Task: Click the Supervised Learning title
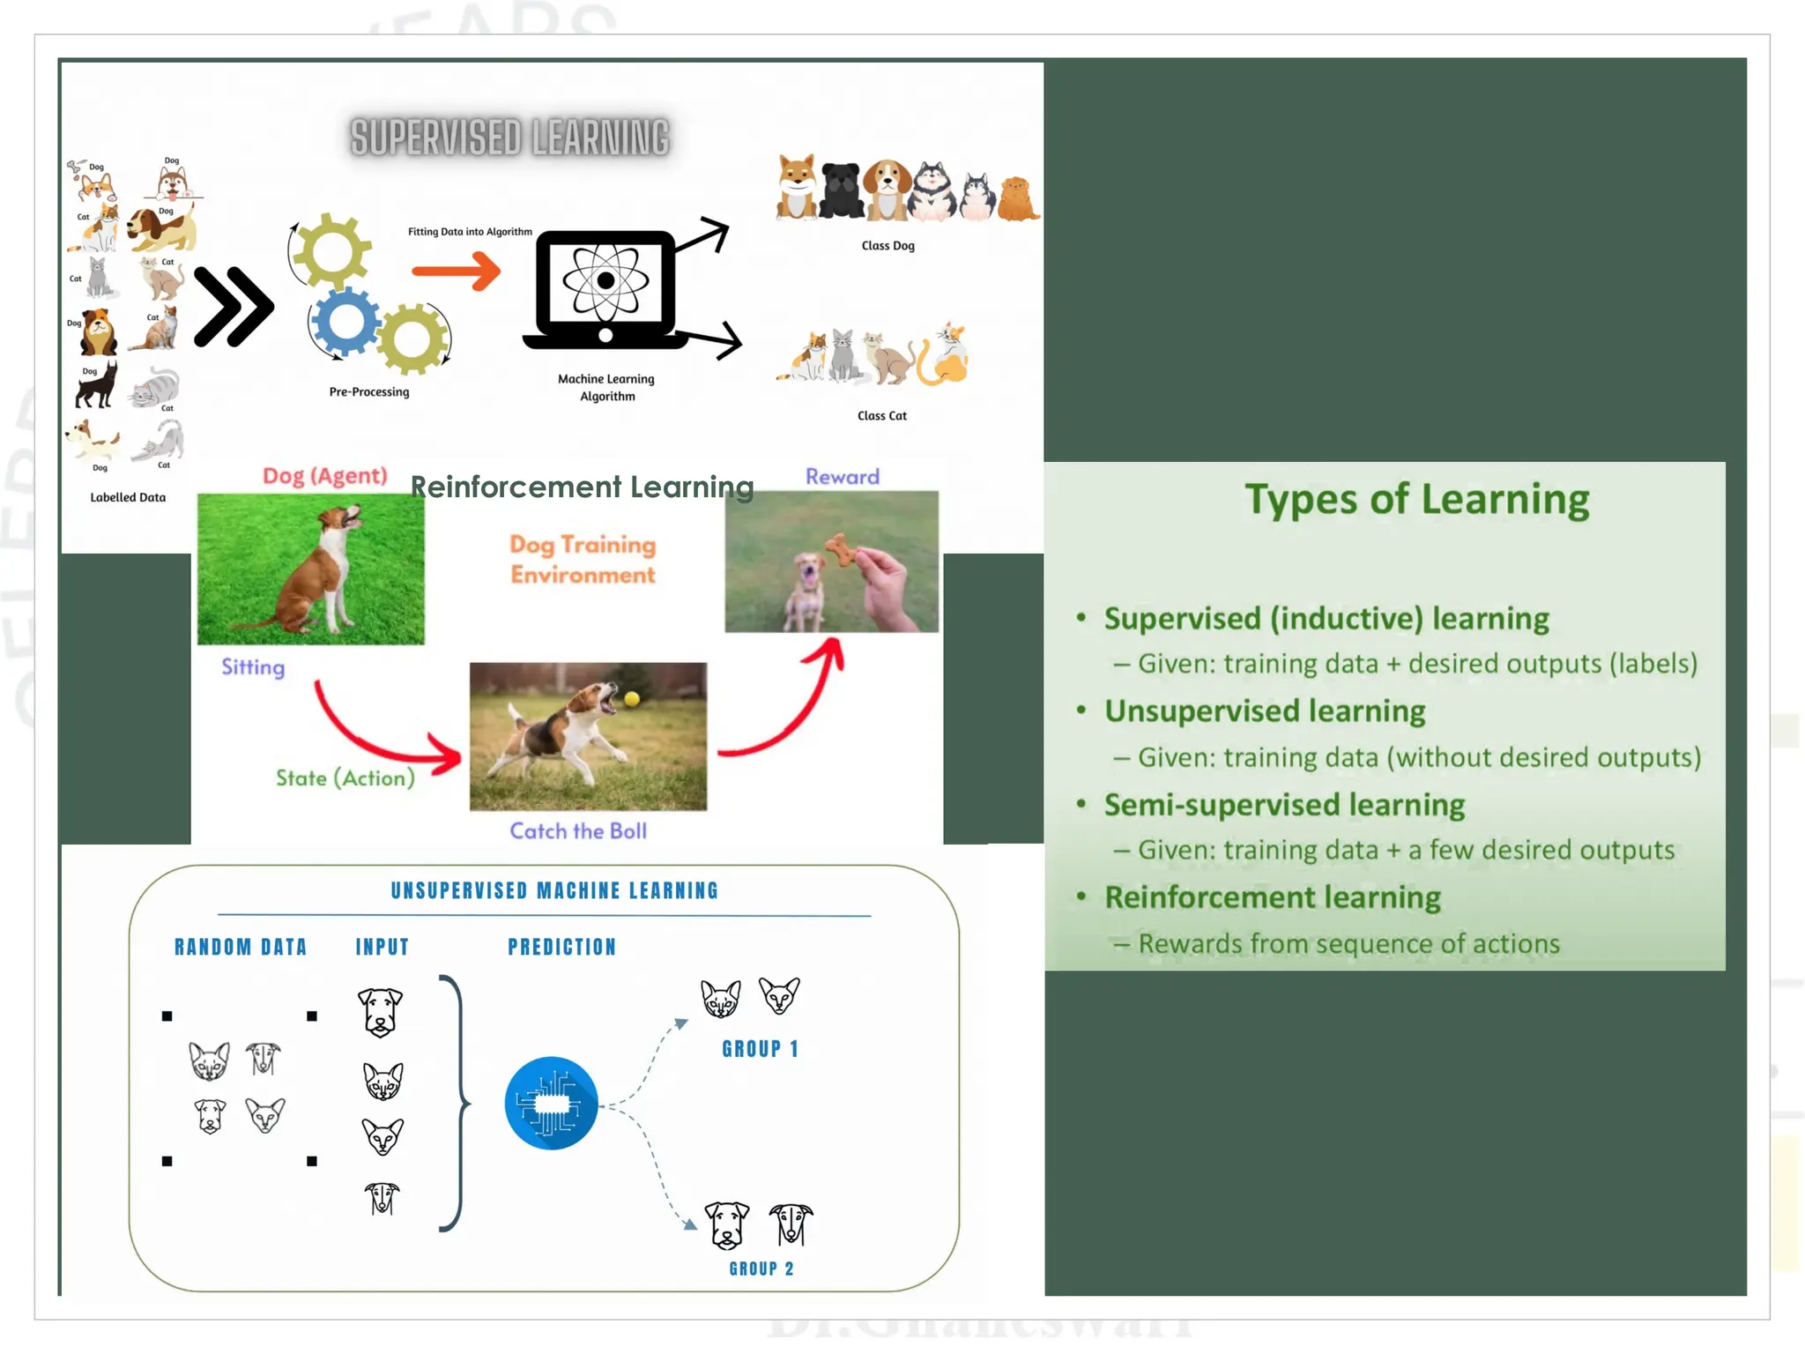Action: coord(509,138)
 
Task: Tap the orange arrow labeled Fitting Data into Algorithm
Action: coord(456,270)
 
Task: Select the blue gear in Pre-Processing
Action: coord(345,321)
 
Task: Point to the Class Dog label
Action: coord(888,246)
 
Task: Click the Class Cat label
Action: coord(881,416)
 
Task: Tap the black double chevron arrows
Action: coord(233,307)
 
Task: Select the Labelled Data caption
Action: coord(128,497)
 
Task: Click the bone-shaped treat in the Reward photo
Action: coord(841,550)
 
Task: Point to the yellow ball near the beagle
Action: coord(632,699)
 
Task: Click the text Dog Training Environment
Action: coord(583,560)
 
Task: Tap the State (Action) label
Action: coord(345,778)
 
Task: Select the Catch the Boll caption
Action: coord(578,831)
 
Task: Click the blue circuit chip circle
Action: coord(551,1103)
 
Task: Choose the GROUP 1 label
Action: coord(760,1049)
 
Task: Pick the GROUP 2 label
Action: coord(761,1268)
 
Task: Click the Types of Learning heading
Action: coord(1416,500)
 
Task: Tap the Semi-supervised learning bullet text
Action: coord(1284,805)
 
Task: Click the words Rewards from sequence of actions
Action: coord(1348,944)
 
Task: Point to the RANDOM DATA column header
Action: coord(241,948)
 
